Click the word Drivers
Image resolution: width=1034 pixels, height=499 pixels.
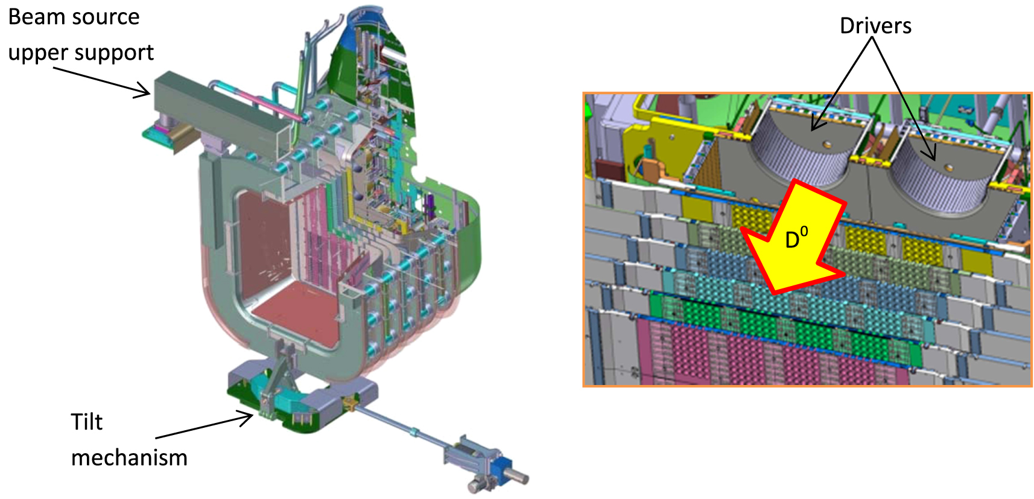tap(875, 26)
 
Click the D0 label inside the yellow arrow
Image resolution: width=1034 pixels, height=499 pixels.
tap(796, 239)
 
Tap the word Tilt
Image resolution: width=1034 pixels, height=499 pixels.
tap(86, 422)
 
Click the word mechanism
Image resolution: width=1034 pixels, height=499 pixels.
tap(129, 458)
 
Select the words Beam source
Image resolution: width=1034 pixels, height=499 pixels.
tap(74, 17)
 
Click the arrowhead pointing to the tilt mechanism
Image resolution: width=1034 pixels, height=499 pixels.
tap(247, 417)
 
